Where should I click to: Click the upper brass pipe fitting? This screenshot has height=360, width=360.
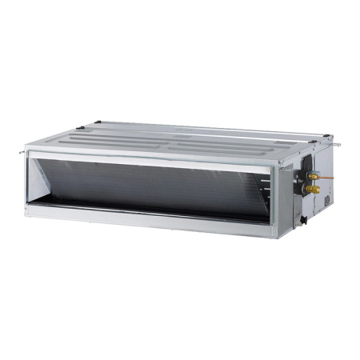314,175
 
